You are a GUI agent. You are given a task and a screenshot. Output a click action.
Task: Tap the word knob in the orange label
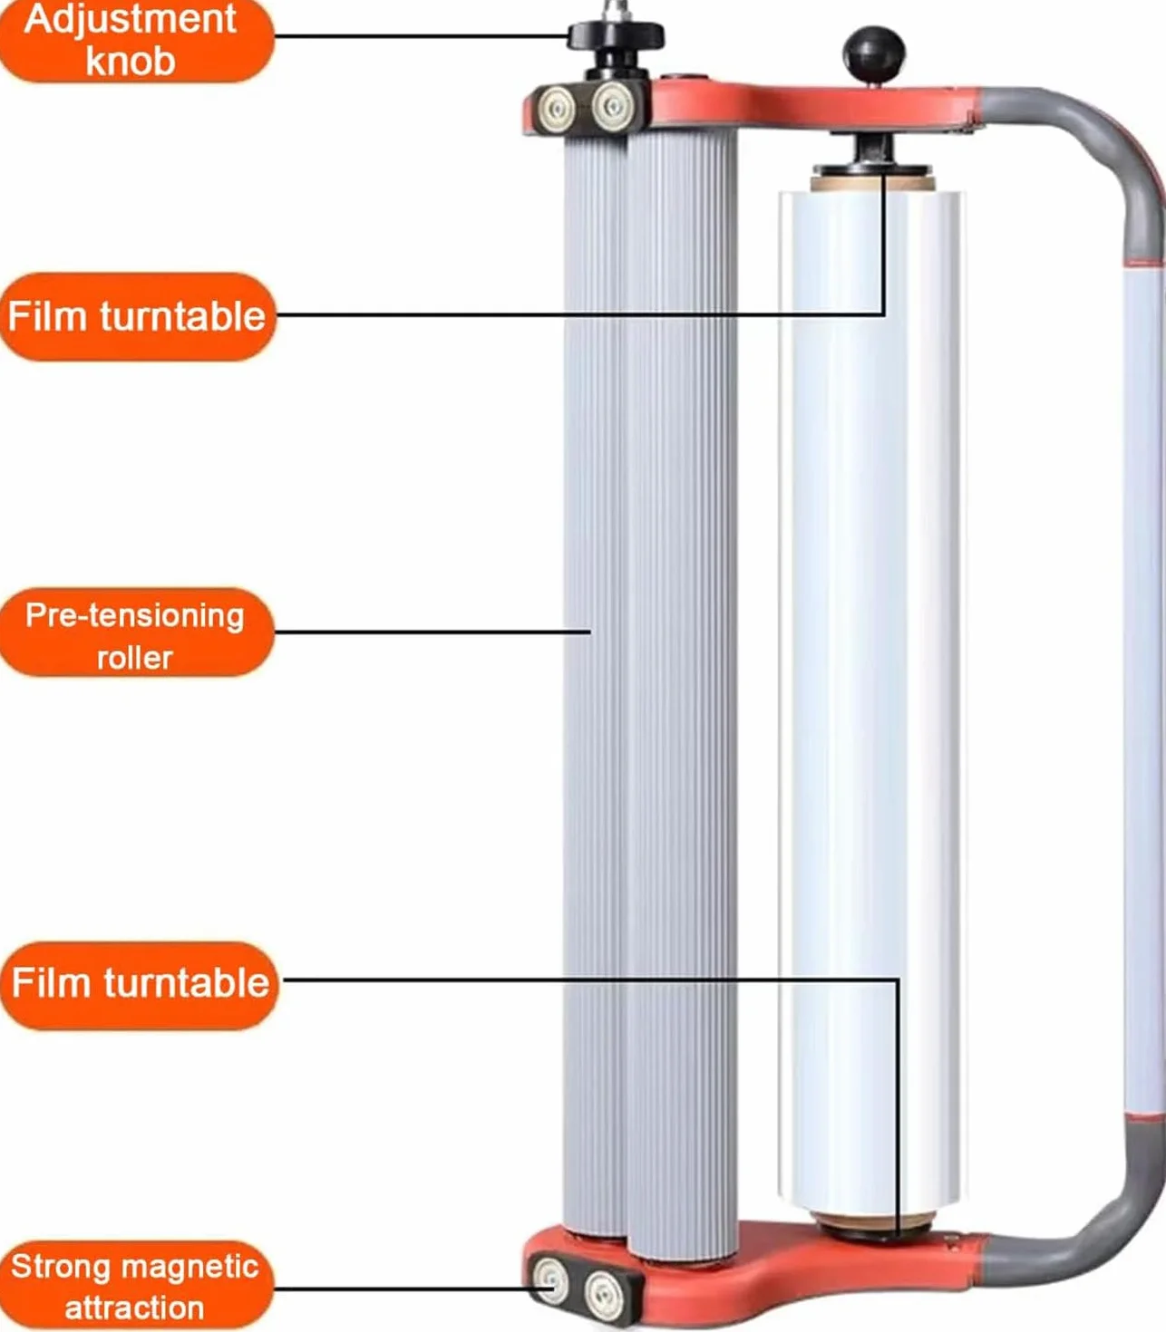coord(131,62)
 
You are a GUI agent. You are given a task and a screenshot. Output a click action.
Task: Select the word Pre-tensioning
coord(135,615)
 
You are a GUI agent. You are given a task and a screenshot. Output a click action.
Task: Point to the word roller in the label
coord(135,658)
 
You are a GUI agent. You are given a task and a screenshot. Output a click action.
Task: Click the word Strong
coord(60,1266)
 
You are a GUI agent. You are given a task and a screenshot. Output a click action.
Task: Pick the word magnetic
coord(189,1266)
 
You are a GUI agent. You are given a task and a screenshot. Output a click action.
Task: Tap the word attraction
coord(134,1308)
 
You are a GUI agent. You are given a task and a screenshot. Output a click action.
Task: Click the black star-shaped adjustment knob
coord(616,36)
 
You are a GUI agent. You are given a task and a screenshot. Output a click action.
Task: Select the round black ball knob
coord(873,54)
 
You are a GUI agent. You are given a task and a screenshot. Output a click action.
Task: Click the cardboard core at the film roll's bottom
coord(871,1219)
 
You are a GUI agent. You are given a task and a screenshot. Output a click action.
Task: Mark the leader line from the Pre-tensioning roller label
coord(432,632)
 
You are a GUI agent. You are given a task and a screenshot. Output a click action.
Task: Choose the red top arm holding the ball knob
coord(814,104)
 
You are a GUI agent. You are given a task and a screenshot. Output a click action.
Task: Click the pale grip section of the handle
coord(1144,690)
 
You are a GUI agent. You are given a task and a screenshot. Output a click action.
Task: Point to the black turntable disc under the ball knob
coord(872,169)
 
